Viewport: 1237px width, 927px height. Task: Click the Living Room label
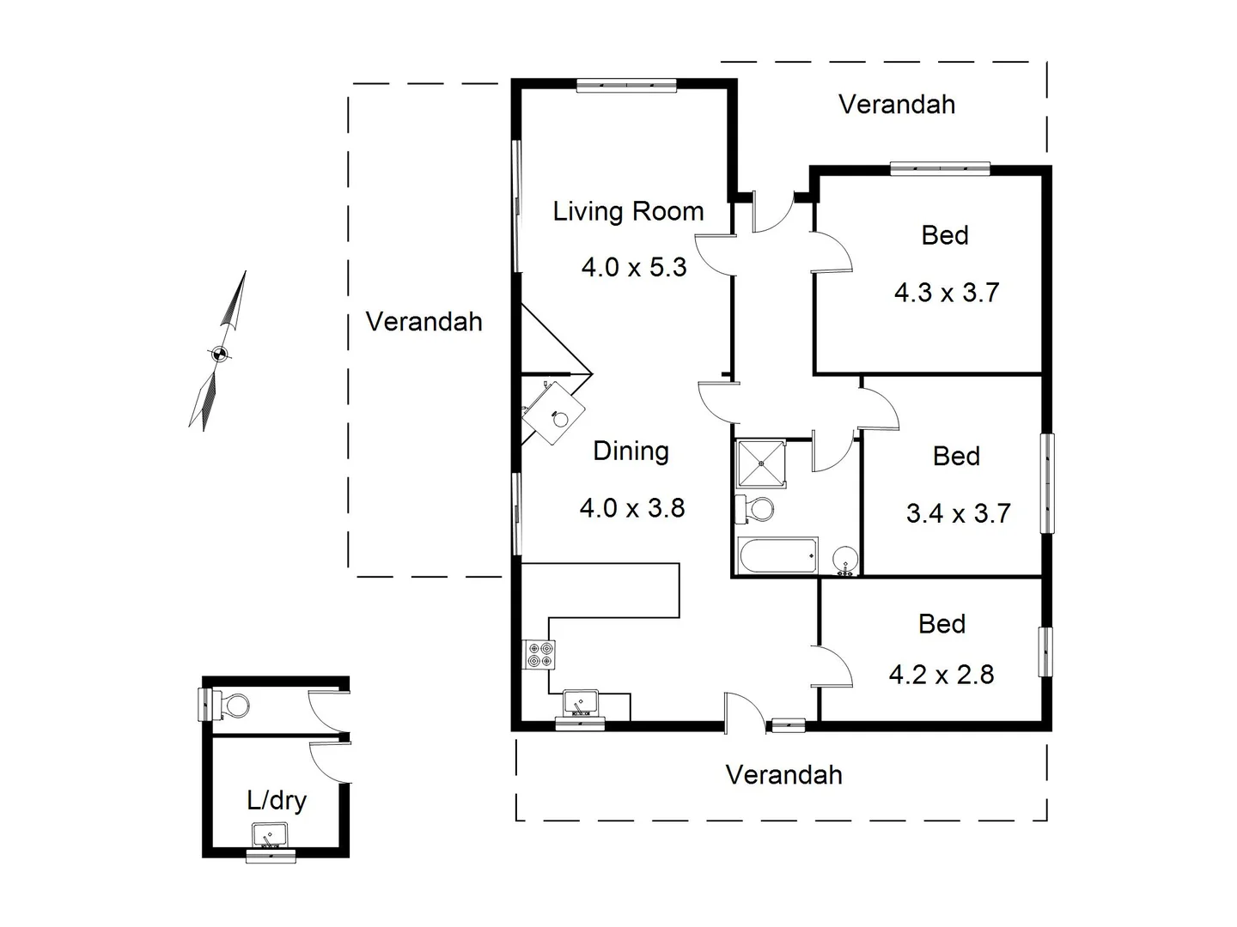[628, 211]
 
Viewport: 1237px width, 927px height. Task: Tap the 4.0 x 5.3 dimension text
[634, 267]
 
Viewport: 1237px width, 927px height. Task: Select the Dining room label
[631, 451]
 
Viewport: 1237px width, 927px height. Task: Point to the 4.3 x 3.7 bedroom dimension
[947, 293]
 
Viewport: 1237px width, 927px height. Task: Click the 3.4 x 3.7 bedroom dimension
[958, 513]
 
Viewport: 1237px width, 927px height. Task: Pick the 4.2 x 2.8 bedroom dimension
[941, 675]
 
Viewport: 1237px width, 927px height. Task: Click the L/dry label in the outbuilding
[277, 800]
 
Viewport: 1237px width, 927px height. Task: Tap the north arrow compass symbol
[219, 352]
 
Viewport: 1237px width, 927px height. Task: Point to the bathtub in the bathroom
[777, 556]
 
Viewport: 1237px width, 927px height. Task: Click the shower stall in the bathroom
[761, 463]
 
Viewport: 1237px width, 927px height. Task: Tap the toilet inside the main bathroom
[756, 508]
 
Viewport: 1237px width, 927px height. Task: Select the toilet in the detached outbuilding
[232, 706]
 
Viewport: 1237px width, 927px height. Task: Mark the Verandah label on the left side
[424, 322]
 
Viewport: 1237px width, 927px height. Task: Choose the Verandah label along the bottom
[783, 775]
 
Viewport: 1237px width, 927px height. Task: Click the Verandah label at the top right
[896, 105]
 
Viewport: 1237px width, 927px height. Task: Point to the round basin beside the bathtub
[844, 559]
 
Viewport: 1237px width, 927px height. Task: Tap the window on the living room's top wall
[626, 84]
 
